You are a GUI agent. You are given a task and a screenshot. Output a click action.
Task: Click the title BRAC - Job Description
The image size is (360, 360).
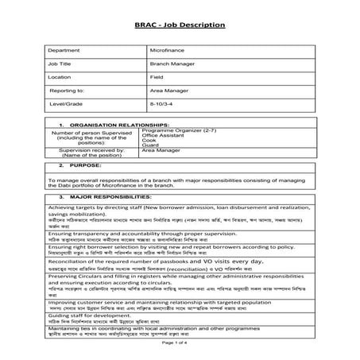click(180, 25)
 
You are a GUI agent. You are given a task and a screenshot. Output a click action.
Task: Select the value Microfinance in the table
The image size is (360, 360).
click(167, 49)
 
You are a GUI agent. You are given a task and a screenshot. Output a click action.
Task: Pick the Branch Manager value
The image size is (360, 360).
click(172, 64)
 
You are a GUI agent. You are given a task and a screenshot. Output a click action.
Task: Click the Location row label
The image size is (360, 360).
click(60, 78)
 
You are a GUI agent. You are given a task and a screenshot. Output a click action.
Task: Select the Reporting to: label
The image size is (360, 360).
click(67, 91)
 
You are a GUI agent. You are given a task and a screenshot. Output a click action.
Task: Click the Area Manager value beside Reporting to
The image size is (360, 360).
click(169, 91)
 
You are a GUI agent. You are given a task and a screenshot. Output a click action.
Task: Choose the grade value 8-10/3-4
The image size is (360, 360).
click(162, 104)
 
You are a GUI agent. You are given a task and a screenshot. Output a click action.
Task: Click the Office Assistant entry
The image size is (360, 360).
click(174, 135)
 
